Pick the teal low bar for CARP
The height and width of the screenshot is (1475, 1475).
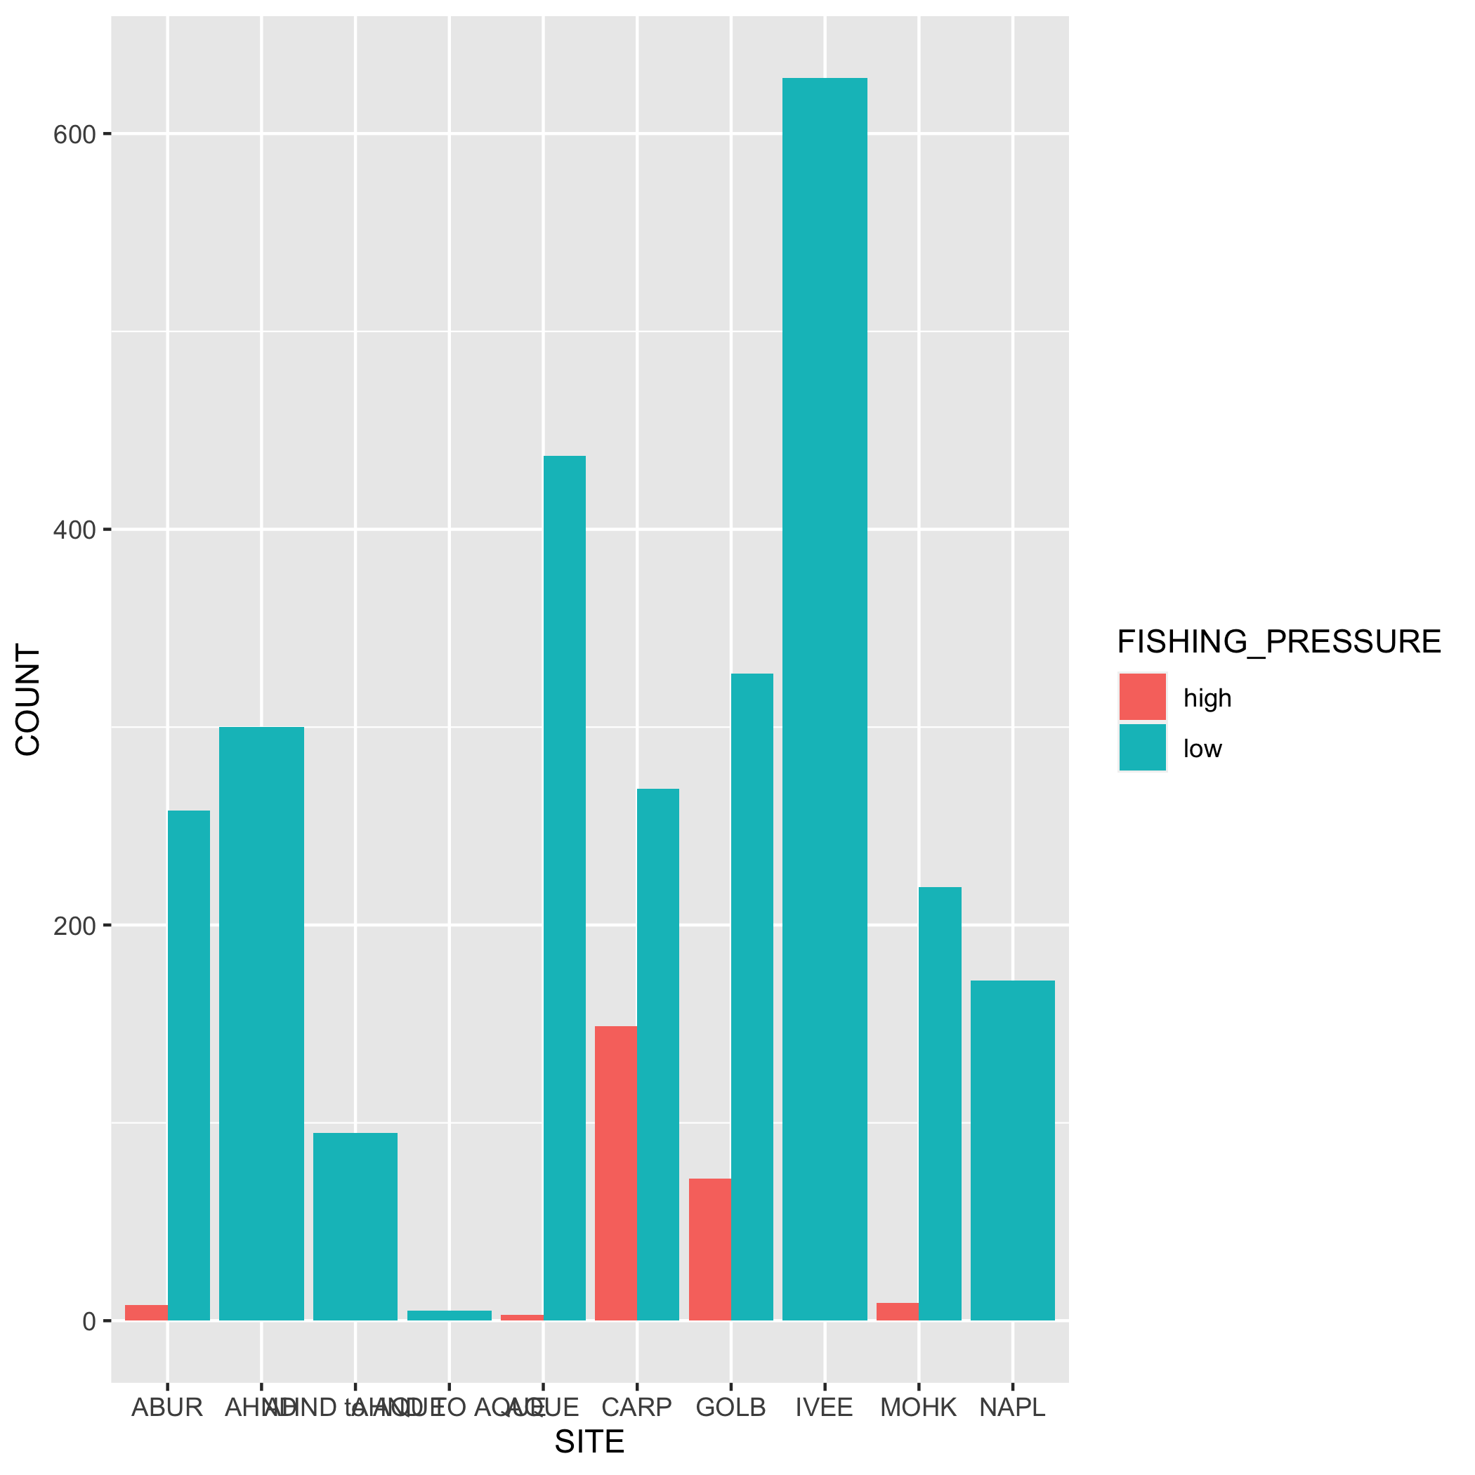657,1054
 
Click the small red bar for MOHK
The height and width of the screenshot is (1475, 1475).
897,1311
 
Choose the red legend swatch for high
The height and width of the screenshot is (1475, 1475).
1142,696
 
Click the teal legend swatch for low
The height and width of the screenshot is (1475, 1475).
1142,747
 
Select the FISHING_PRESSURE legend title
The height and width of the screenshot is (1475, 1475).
1279,641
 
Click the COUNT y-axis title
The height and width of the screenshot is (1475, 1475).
29,700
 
